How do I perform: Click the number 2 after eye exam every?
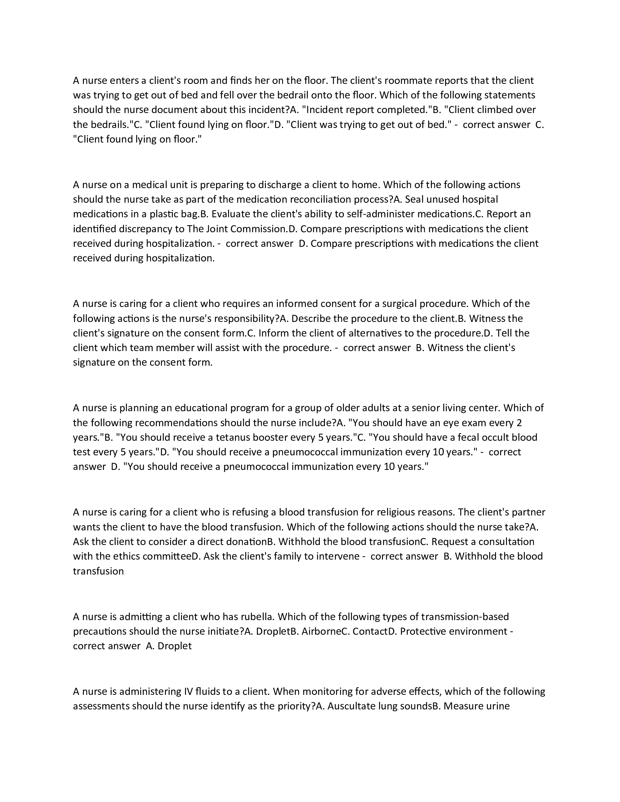(x=519, y=423)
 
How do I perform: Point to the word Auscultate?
(x=351, y=706)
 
